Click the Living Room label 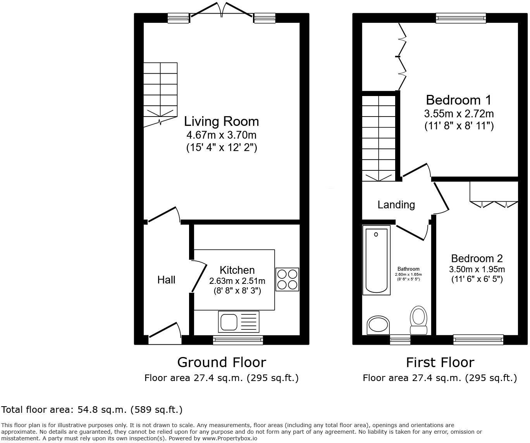[x=221, y=122]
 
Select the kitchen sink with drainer [x=239, y=321]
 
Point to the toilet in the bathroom [x=418, y=320]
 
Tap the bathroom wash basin [x=379, y=325]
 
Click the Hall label [x=166, y=280]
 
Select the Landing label [x=396, y=205]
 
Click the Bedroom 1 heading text [x=458, y=100]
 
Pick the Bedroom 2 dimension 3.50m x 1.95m [x=477, y=270]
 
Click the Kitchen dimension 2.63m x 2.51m [x=237, y=281]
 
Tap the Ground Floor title [x=222, y=362]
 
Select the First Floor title [x=440, y=362]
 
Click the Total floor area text [x=92, y=410]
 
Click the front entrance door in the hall [x=165, y=332]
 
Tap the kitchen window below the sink [x=238, y=340]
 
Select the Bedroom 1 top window [x=460, y=18]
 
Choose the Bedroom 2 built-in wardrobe [x=494, y=192]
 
